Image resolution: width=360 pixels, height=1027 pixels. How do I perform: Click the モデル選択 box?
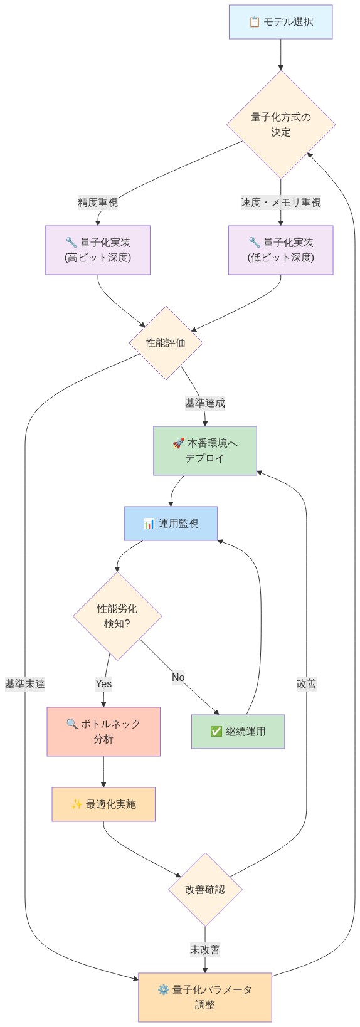280,22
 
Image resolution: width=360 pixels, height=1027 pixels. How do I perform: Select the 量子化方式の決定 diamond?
280,124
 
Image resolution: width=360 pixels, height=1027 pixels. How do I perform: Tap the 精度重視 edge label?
97,202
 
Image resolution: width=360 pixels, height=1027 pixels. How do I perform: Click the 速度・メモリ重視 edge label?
280,202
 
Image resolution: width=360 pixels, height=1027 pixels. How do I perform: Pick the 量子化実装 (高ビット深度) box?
98,250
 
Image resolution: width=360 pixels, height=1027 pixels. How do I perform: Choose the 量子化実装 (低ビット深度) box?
280,250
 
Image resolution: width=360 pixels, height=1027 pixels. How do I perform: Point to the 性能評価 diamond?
166,343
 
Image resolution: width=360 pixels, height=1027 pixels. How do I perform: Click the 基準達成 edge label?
204,403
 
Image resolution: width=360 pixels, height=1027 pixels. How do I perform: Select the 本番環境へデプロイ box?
205,451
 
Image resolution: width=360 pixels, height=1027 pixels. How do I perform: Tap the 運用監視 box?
171,524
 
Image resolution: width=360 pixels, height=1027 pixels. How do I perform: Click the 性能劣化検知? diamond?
117,616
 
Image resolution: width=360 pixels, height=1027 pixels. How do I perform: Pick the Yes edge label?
103,683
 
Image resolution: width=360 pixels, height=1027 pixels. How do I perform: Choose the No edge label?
178,677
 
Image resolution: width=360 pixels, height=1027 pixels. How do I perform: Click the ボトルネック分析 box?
103,732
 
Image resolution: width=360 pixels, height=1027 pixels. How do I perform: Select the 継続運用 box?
238,732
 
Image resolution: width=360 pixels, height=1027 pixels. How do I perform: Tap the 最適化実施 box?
103,804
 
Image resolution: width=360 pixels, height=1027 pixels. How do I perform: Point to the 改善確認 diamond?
205,889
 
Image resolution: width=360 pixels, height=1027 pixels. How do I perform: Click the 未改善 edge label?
205,950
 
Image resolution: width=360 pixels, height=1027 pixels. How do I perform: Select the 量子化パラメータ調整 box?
205,998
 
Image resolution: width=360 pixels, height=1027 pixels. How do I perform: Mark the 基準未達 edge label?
25,683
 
